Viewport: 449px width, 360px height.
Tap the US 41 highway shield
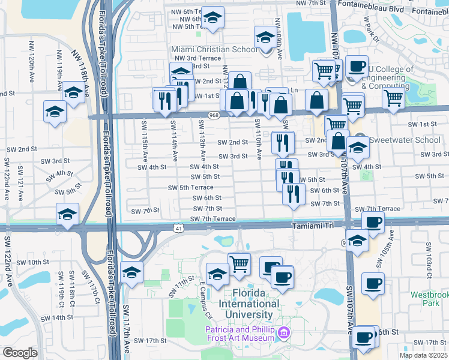[179, 228]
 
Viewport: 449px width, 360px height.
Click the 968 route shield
[214, 115]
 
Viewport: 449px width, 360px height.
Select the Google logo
[20, 353]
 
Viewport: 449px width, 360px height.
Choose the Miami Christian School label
[213, 50]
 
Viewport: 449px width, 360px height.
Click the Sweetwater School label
[403, 140]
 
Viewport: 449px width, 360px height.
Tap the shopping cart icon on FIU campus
[239, 263]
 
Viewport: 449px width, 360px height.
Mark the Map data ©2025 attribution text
[423, 355]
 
